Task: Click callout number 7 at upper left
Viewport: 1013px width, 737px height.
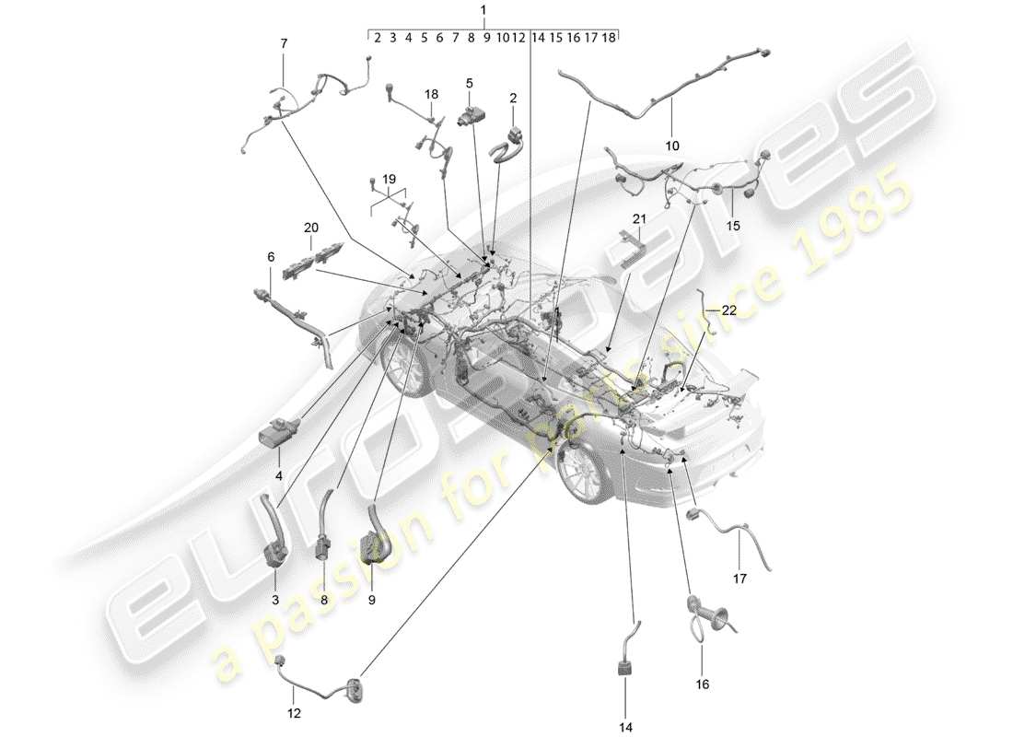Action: tap(284, 43)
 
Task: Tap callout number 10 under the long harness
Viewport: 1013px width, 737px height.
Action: tap(671, 146)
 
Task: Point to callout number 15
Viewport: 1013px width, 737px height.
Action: tap(732, 225)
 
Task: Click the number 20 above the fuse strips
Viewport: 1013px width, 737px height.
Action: tap(310, 226)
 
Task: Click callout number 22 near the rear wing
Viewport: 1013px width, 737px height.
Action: tap(728, 311)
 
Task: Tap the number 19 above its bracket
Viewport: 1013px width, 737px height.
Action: tap(388, 177)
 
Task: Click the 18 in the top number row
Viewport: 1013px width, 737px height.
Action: tap(609, 38)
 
